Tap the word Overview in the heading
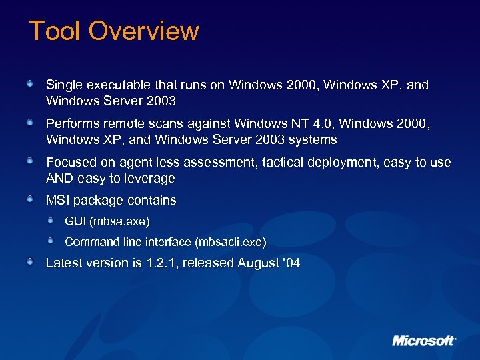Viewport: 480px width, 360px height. [143, 31]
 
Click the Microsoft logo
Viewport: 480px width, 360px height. [424, 341]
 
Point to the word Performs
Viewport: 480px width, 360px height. [73, 124]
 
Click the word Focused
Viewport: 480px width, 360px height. [71, 163]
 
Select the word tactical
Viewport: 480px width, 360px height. [270, 163]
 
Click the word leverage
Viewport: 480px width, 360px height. [151, 179]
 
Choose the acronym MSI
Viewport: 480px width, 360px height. [57, 200]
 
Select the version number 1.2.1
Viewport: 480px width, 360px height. [161, 263]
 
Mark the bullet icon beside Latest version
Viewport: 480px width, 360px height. [31, 262]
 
